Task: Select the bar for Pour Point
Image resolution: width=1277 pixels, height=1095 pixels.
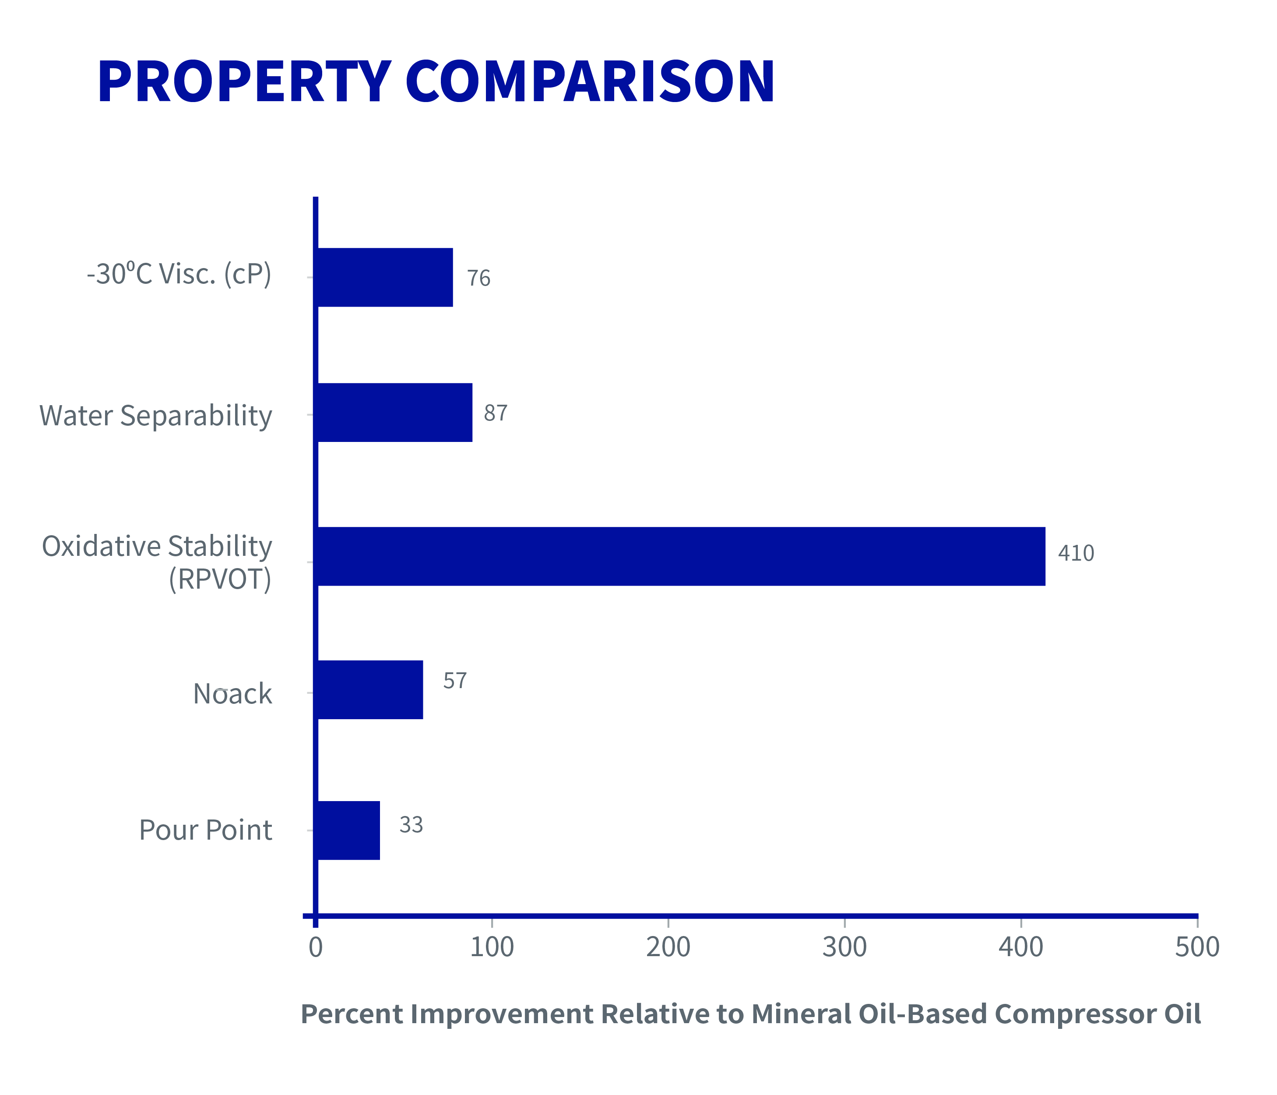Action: point(348,830)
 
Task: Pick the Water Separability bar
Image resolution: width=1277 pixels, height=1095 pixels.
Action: point(394,413)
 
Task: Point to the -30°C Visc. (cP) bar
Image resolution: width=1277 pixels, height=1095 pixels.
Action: point(384,277)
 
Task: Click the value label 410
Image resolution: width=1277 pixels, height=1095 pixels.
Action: point(1076,553)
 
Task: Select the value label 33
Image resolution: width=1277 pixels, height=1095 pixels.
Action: point(411,825)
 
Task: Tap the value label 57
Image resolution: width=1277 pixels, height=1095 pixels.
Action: point(455,681)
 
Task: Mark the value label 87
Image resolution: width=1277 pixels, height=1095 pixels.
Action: point(496,413)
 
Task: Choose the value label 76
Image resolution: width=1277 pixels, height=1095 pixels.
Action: point(478,278)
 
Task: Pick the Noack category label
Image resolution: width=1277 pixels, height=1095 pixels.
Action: point(232,694)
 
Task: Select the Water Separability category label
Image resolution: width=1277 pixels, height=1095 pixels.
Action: point(155,416)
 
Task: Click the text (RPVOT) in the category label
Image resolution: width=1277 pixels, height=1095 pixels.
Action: point(220,579)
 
